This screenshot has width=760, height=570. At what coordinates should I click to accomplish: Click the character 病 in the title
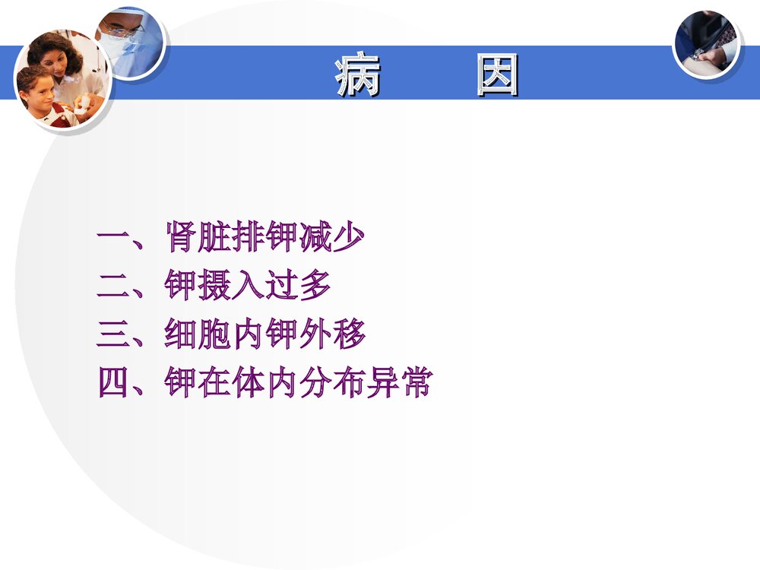(357, 75)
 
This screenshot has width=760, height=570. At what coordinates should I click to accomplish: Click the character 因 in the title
(497, 75)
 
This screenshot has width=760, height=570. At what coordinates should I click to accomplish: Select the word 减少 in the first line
(331, 239)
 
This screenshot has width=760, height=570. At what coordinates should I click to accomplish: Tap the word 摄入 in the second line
(231, 287)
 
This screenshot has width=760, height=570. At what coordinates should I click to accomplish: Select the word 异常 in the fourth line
(398, 384)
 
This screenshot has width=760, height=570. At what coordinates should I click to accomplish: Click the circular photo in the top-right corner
(706, 43)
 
